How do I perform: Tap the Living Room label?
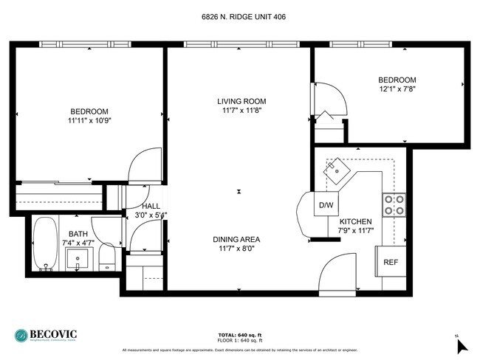click(241, 101)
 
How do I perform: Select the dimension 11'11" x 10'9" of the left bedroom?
click(90, 120)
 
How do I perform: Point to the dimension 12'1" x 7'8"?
click(397, 89)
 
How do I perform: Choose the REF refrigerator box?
click(390, 262)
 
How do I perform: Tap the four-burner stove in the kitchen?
click(393, 204)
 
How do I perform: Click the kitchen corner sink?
click(339, 170)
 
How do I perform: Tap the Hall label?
click(151, 207)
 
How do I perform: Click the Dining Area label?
click(236, 239)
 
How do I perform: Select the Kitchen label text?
click(355, 221)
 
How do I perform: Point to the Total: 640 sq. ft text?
click(241, 334)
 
